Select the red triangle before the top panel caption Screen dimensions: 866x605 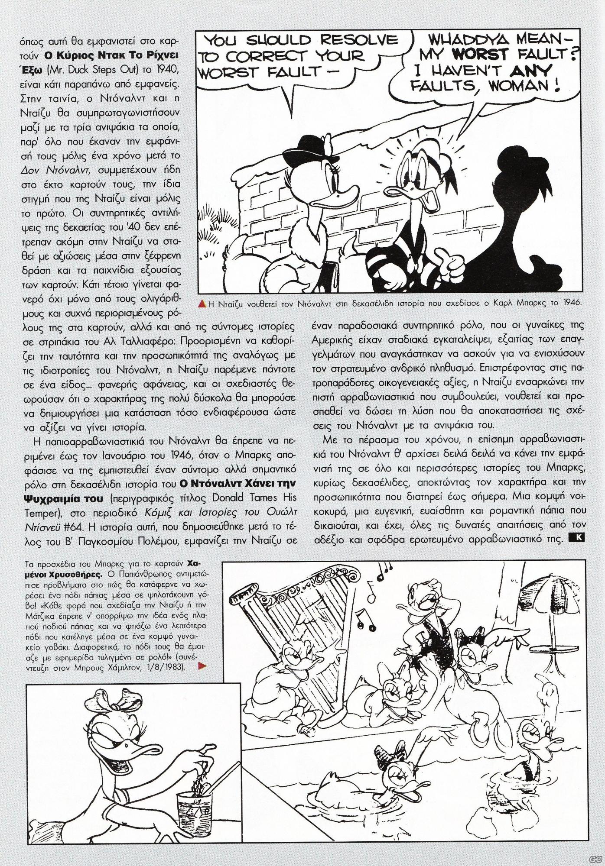click(202, 304)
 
